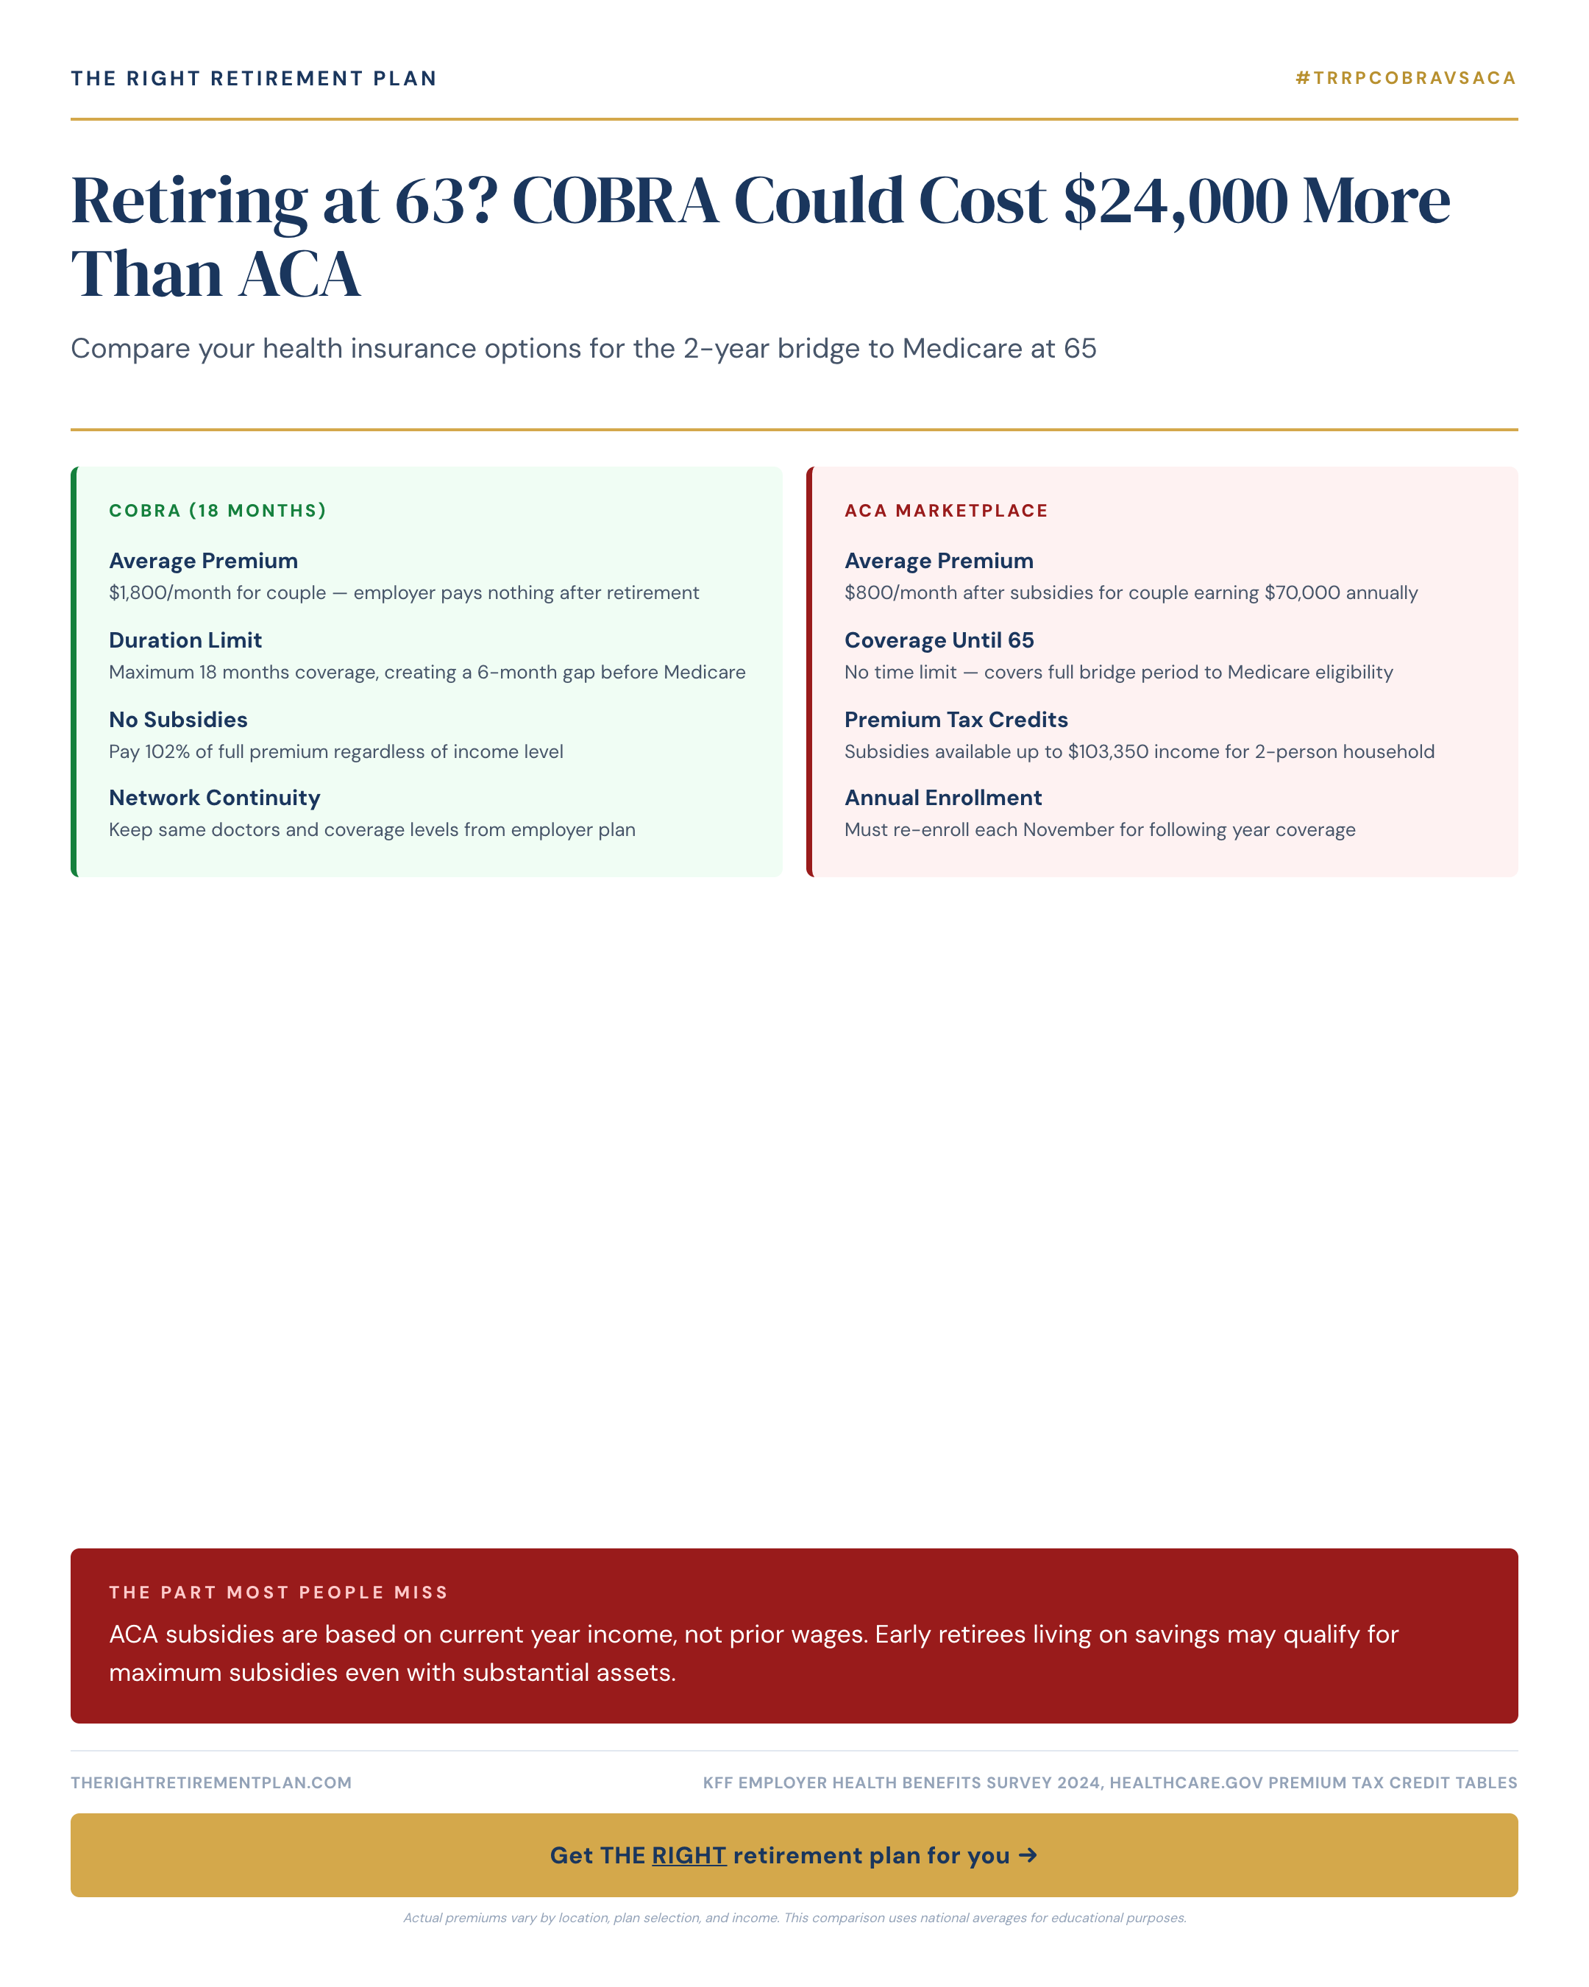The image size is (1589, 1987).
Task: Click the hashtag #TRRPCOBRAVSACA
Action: [1405, 78]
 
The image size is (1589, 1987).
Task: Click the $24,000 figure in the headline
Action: [1175, 200]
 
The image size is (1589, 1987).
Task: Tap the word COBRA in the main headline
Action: [614, 200]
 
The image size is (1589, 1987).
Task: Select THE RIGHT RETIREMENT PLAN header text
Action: [253, 78]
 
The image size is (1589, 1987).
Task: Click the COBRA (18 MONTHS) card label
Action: [218, 511]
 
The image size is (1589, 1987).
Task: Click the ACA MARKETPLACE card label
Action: [946, 511]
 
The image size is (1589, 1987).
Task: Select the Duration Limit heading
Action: [185, 640]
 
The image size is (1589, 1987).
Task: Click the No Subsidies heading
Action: [178, 720]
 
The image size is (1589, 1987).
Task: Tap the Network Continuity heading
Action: [215, 798]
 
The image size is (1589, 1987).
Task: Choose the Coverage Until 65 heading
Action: [939, 640]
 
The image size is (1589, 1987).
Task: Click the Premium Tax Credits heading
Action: [956, 720]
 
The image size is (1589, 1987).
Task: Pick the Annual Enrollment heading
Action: [942, 798]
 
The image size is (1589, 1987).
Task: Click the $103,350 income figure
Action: [1107, 752]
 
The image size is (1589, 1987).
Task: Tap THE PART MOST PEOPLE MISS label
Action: [278, 1593]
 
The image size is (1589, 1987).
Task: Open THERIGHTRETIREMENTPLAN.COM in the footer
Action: [211, 1782]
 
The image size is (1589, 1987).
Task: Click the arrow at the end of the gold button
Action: [1028, 1855]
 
